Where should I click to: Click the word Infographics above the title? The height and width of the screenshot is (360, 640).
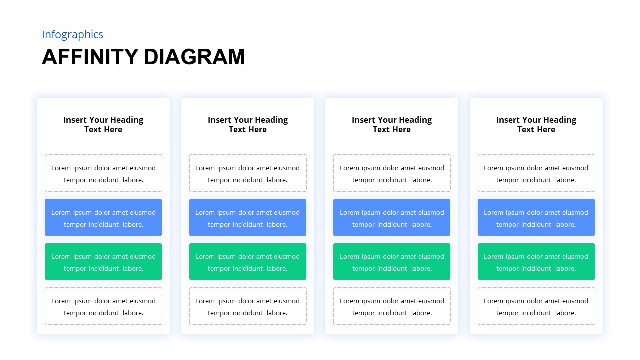pyautogui.click(x=72, y=35)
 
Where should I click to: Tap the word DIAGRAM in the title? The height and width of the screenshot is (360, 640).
pyautogui.click(x=194, y=57)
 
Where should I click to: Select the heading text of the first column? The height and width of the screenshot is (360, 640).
pyautogui.click(x=103, y=125)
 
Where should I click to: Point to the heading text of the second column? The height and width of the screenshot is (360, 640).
pyautogui.click(x=248, y=125)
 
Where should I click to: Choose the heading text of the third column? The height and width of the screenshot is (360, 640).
pyautogui.click(x=392, y=125)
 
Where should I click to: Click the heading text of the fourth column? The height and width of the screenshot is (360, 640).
pyautogui.click(x=536, y=125)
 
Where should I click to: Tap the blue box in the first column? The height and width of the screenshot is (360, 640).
pyautogui.click(x=103, y=217)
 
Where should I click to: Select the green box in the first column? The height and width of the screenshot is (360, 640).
pyautogui.click(x=103, y=262)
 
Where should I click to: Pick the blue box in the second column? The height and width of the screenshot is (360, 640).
pyautogui.click(x=248, y=217)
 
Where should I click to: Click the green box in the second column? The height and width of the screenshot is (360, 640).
pyautogui.click(x=248, y=262)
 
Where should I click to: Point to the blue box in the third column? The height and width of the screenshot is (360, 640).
pyautogui.click(x=392, y=217)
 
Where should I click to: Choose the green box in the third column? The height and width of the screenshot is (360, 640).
pyautogui.click(x=392, y=262)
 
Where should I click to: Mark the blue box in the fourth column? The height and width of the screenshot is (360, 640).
pyautogui.click(x=536, y=217)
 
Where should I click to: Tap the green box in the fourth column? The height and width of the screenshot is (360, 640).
pyautogui.click(x=536, y=262)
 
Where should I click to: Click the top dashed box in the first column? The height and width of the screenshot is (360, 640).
pyautogui.click(x=103, y=173)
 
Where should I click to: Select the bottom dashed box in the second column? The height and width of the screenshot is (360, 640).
pyautogui.click(x=248, y=306)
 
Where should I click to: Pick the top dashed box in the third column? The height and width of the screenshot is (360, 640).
pyautogui.click(x=392, y=173)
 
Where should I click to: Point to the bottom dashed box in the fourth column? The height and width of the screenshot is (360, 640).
pyautogui.click(x=536, y=306)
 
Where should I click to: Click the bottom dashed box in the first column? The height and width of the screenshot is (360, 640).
pyautogui.click(x=103, y=306)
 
